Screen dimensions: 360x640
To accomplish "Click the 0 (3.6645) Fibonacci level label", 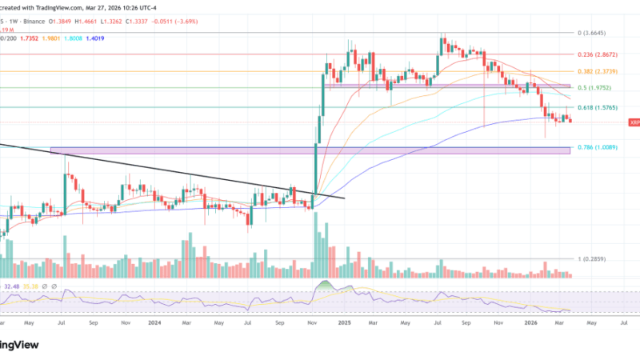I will (596, 33).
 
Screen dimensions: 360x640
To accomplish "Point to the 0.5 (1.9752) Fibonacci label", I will (596, 88).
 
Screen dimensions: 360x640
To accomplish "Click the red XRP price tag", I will (634, 122).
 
